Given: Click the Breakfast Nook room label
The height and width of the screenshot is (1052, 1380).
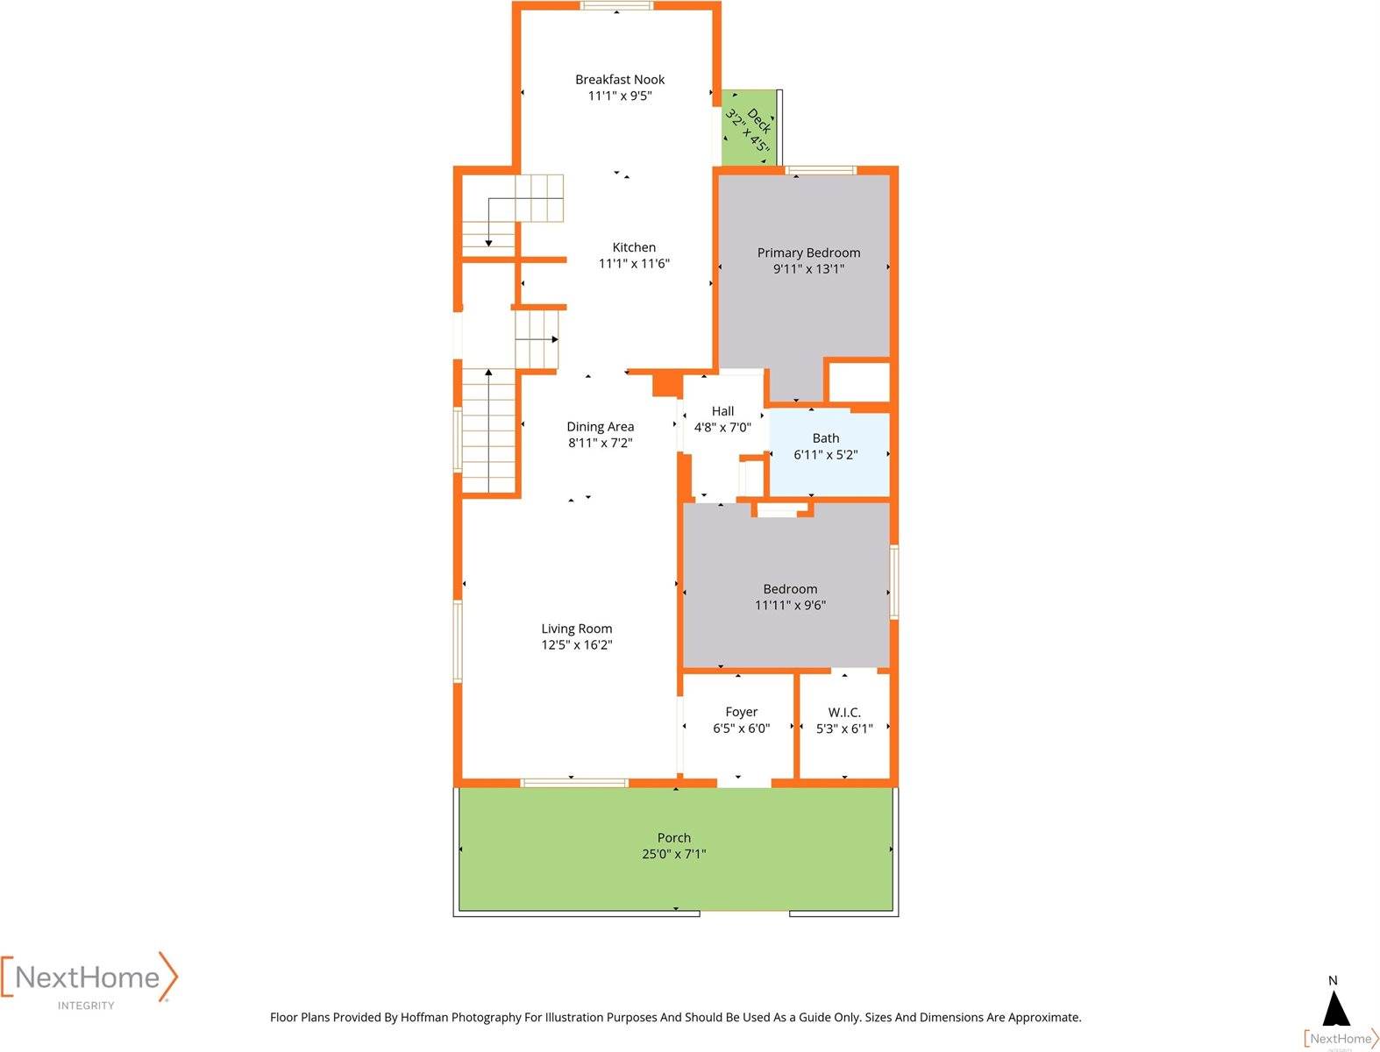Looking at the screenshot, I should [x=620, y=80].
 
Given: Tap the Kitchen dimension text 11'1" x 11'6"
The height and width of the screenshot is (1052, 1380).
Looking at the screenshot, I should [x=634, y=264].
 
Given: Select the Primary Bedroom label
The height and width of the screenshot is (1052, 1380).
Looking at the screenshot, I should [x=808, y=253].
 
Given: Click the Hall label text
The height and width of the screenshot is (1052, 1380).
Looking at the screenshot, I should [x=722, y=411].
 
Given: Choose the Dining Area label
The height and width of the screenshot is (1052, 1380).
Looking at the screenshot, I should [x=600, y=427].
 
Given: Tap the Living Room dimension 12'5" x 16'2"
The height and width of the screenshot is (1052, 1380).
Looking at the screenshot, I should [x=576, y=645].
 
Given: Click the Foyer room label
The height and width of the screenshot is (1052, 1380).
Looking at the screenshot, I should [x=741, y=712].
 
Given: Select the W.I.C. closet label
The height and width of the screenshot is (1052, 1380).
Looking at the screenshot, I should [x=844, y=713].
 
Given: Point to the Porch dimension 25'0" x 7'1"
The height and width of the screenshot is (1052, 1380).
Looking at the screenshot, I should [x=673, y=854].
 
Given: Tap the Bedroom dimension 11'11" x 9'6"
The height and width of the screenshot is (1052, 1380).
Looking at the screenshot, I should [x=790, y=605].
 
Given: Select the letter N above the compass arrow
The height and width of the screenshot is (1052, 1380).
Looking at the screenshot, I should [x=1333, y=981].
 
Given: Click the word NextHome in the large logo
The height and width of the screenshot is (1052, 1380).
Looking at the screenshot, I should [x=88, y=977].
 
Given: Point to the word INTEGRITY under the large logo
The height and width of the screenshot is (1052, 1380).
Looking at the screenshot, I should [x=86, y=1006].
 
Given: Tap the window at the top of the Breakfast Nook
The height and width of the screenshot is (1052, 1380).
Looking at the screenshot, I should [x=616, y=6].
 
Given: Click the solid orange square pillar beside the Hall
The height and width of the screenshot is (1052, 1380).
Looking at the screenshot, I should [x=666, y=384].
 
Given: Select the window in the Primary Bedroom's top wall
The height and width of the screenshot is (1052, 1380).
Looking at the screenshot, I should [x=821, y=171].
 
